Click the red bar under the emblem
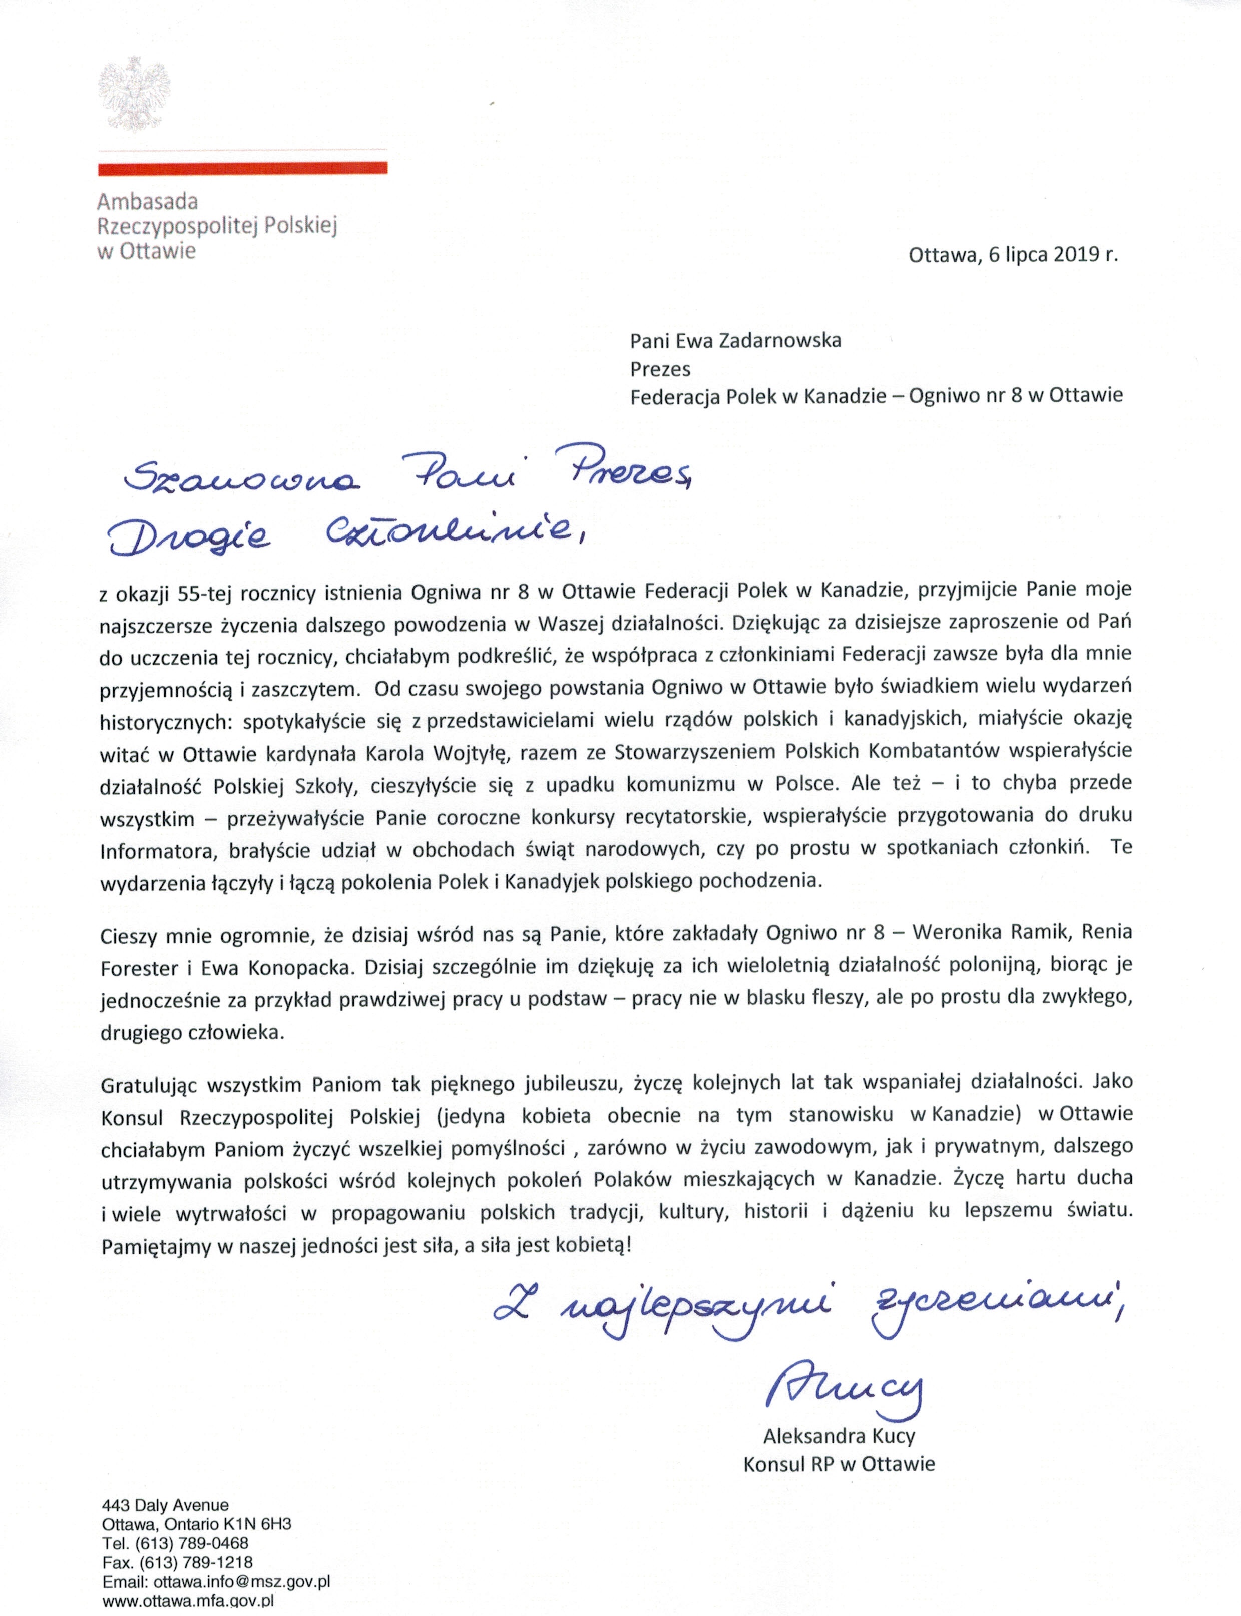point(242,169)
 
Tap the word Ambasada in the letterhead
point(147,201)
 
